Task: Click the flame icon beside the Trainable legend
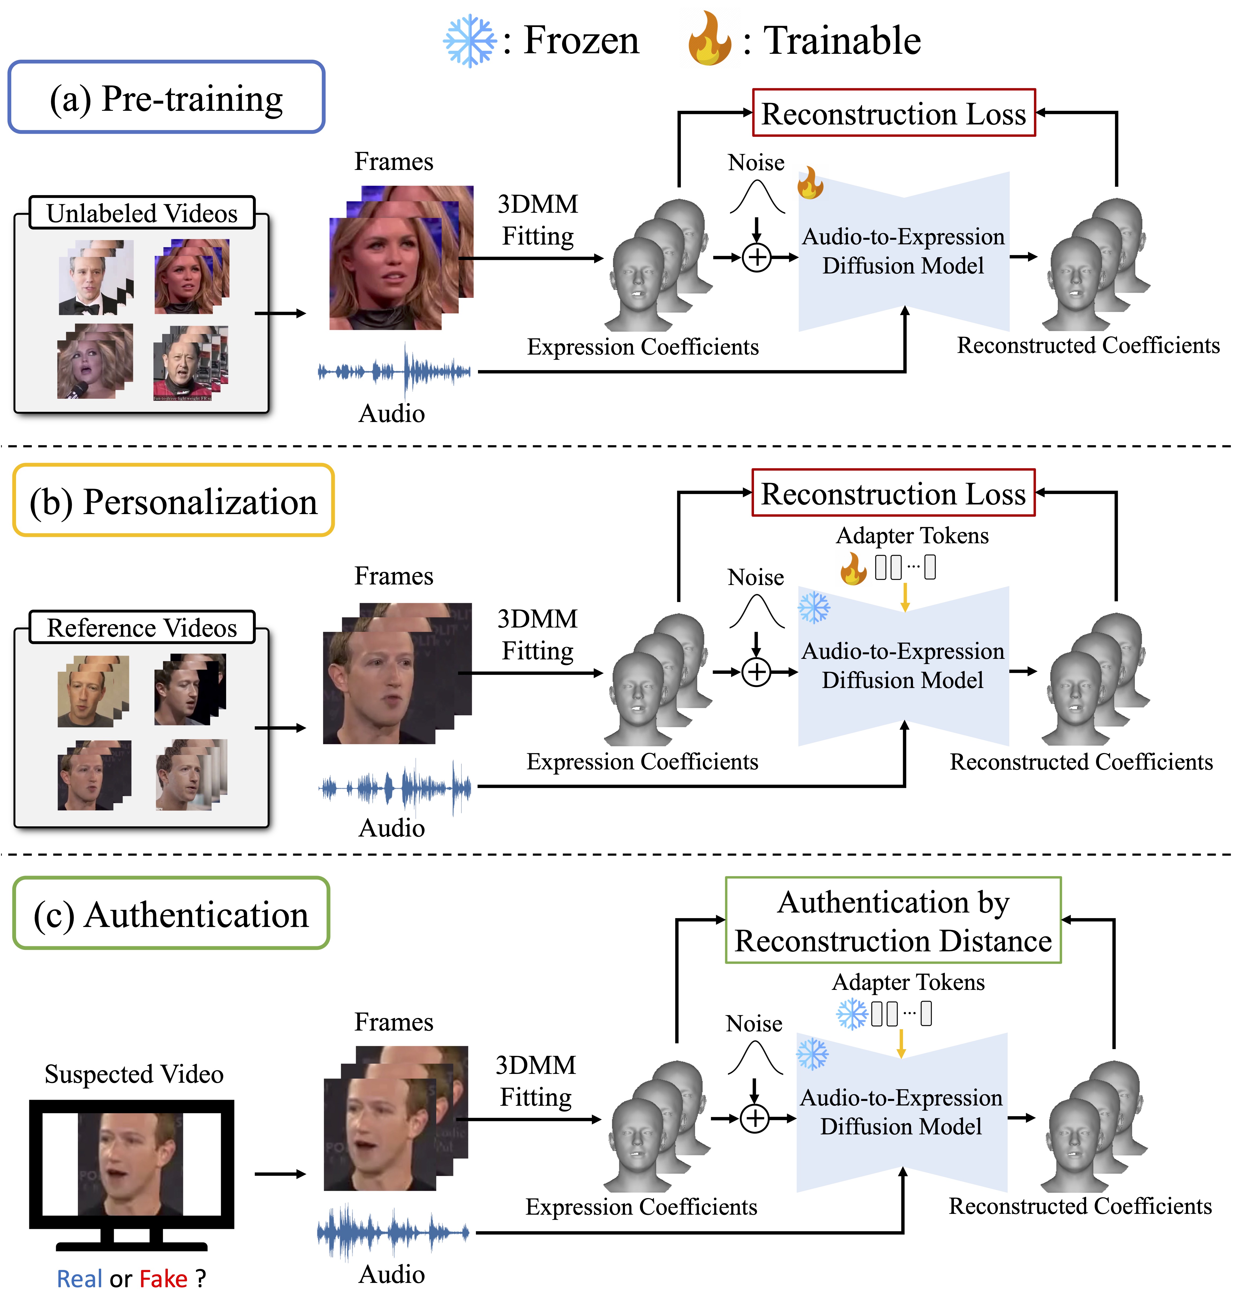[709, 40]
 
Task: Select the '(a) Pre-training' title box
[166, 98]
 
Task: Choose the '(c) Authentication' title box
[171, 913]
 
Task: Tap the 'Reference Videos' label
[142, 627]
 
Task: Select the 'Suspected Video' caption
[134, 1074]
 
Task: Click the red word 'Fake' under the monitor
[163, 1279]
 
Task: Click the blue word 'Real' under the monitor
[79, 1279]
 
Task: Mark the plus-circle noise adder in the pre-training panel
[756, 257]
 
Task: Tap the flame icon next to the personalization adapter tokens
[853, 568]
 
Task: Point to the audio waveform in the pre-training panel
[395, 371]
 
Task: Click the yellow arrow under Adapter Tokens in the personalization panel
[905, 597]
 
